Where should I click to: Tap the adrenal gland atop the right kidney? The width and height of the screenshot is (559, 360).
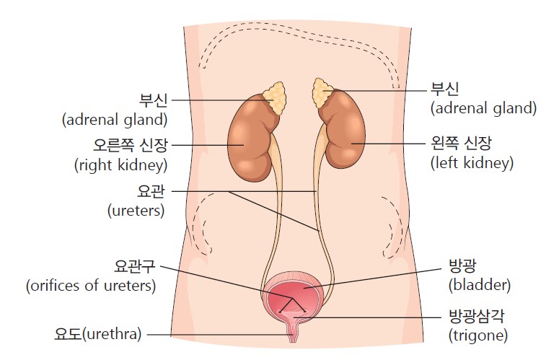tap(275, 98)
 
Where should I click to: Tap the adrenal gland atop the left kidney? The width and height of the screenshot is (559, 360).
tap(322, 92)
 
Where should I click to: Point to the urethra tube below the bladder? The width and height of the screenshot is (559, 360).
tap(293, 333)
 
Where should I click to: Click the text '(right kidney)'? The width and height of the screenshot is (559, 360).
tap(121, 165)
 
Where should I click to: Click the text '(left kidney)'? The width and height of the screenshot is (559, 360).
tap(472, 163)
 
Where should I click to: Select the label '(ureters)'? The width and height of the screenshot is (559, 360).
tap(136, 211)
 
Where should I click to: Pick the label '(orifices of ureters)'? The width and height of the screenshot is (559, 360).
tap(91, 286)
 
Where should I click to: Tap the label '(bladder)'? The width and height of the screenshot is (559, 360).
tap(480, 285)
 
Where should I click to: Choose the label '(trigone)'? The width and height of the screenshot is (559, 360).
tap(478, 335)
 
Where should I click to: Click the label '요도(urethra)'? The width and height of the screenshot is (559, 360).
tap(98, 334)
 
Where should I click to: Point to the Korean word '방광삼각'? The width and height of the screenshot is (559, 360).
tap(476, 316)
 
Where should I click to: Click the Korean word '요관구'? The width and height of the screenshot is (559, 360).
tap(134, 266)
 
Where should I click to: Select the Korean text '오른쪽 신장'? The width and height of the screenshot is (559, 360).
tap(130, 146)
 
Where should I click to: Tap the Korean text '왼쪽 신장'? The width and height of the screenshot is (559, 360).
tap(461, 144)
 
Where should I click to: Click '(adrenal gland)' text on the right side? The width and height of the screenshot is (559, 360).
tap(483, 108)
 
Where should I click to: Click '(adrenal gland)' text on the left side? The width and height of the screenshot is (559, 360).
tap(115, 120)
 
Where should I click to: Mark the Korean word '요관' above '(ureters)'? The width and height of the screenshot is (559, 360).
tap(151, 191)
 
